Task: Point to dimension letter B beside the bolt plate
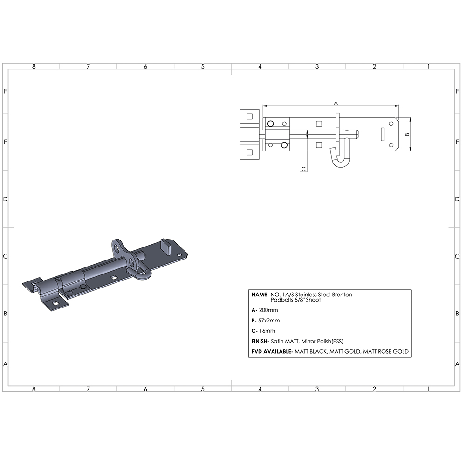coord(407,134)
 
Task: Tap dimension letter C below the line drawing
coord(303,169)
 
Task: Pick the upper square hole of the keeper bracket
coord(249,116)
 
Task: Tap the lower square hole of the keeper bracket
coord(249,152)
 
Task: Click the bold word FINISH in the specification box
coord(260,341)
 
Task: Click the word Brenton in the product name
coord(342,295)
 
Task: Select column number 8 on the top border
coord(34,67)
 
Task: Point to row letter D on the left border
coord(5,199)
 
